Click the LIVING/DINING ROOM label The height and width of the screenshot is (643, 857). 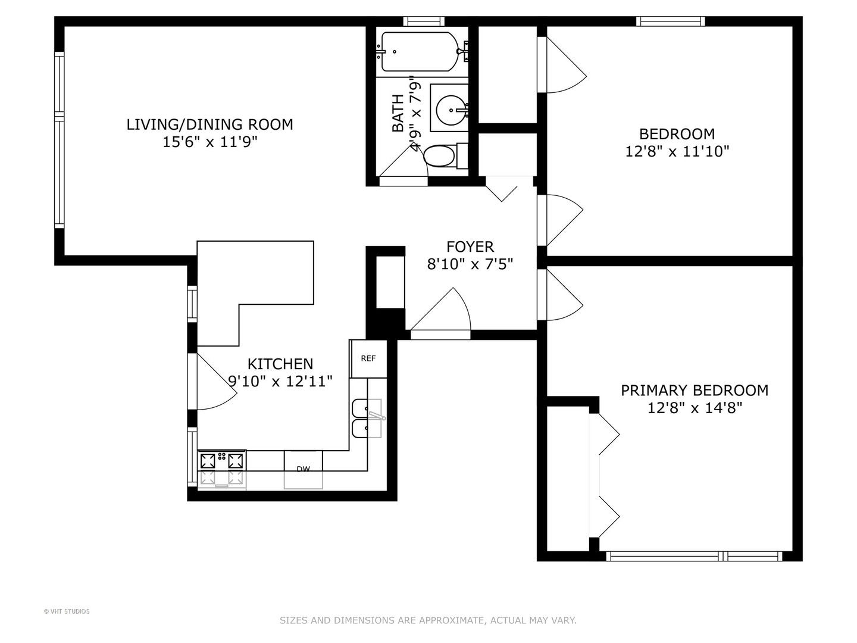coord(209,124)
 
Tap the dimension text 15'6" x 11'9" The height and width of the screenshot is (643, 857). coord(210,142)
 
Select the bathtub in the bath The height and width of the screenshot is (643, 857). coord(420,52)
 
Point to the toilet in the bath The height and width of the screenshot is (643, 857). coord(445,156)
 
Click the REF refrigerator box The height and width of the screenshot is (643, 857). coord(368,358)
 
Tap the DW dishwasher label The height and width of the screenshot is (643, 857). coord(303,469)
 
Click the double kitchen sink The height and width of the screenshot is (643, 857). coord(367,418)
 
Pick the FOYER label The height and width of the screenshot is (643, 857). coord(470,246)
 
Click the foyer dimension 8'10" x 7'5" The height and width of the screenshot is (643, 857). coord(470,264)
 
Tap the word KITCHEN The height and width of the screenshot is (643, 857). coord(280,364)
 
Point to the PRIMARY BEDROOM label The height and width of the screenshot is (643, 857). coord(695,391)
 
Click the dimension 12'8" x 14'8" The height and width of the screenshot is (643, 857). coord(695,408)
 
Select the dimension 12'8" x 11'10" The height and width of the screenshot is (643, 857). coord(677,151)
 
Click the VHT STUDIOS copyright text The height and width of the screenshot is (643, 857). coord(67,611)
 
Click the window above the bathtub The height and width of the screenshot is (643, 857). coord(424,21)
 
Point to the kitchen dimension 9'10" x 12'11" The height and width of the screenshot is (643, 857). coord(280,381)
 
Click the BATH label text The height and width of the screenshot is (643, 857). coord(398,113)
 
